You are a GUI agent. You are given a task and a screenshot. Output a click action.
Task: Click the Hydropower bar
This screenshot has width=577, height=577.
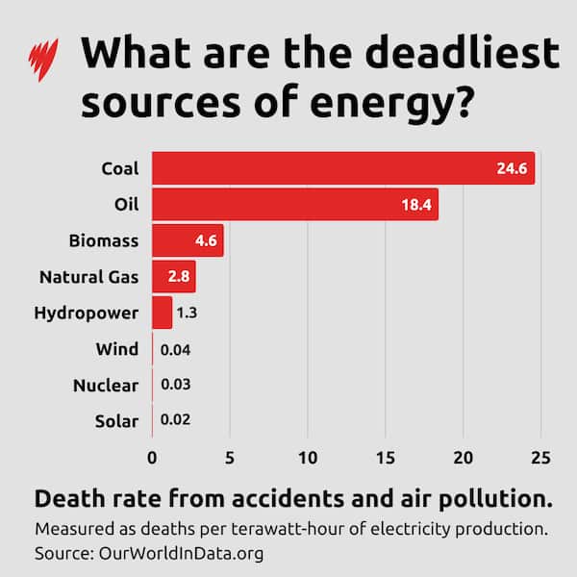point(162,313)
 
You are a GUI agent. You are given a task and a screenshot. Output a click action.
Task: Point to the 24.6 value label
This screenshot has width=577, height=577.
point(513,168)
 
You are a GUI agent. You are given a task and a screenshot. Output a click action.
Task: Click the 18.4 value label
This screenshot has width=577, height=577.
point(417,205)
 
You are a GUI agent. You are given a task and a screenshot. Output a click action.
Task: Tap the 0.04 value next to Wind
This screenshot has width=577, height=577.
point(175,349)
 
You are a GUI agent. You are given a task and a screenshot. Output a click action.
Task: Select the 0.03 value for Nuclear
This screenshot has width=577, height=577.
point(175,385)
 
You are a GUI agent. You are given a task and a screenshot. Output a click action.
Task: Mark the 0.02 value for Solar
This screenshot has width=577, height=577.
point(175,421)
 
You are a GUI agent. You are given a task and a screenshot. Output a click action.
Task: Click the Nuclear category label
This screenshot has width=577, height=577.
point(106,385)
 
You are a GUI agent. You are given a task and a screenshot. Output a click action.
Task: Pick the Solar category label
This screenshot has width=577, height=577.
point(116,421)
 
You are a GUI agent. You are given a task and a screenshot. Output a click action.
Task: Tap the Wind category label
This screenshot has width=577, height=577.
point(117,349)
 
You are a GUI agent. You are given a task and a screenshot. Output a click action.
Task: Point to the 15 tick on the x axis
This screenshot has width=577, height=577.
point(386,457)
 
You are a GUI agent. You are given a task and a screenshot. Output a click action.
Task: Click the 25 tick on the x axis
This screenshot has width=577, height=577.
point(541,457)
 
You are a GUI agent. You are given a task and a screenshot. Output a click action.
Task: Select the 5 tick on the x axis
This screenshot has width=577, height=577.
point(230,457)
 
